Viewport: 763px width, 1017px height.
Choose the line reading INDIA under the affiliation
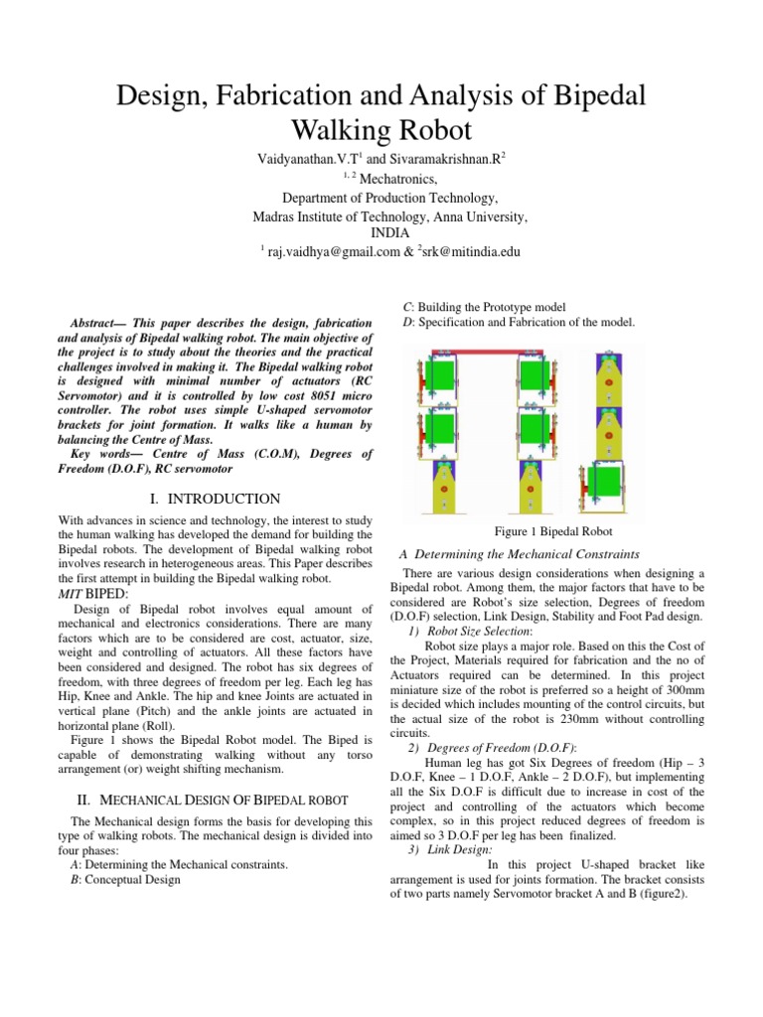tap(381, 233)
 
